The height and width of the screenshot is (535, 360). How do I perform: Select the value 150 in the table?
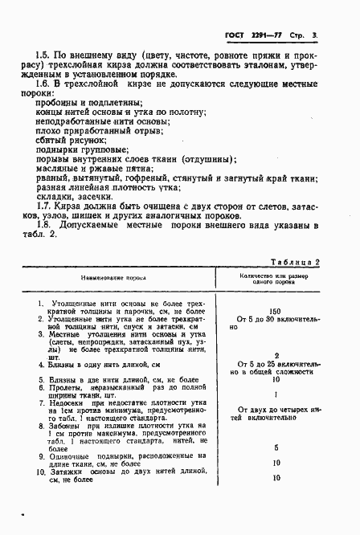pyautogui.click(x=276, y=310)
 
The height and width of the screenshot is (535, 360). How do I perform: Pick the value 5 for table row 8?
pyautogui.click(x=276, y=447)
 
